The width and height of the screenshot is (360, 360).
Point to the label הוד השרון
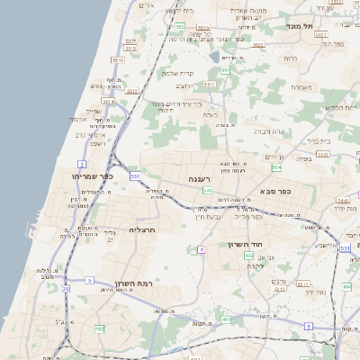tap(271, 245)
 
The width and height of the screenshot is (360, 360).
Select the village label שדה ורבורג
tap(268, 131)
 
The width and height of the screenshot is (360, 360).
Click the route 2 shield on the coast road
tap(82, 165)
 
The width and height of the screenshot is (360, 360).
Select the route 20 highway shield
tap(65, 290)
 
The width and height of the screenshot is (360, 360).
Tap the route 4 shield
tap(202, 248)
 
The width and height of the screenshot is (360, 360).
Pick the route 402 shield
tap(248, 256)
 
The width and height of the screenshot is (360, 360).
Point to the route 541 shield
tap(208, 191)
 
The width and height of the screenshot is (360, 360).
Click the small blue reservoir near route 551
tap(214, 57)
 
